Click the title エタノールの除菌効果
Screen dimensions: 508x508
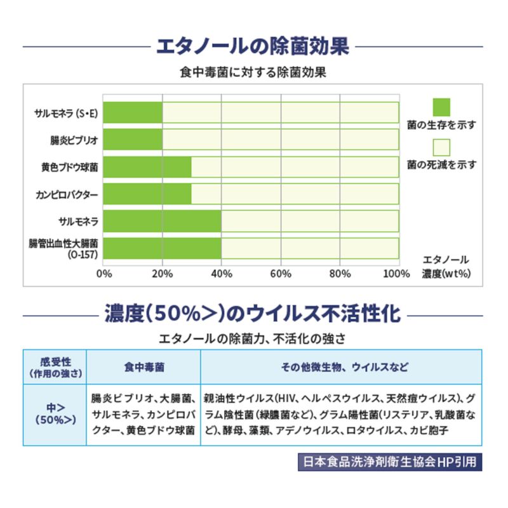click(253, 47)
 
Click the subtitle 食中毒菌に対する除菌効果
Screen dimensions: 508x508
click(253, 72)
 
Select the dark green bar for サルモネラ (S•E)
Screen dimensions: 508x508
click(133, 112)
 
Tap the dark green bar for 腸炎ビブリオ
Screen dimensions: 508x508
click(133, 140)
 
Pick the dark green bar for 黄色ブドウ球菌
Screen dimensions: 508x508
click(147, 167)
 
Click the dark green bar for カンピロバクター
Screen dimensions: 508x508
click(147, 194)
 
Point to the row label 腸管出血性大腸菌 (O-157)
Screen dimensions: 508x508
click(63, 248)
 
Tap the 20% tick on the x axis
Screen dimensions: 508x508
click(163, 274)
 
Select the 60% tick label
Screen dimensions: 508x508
click(281, 274)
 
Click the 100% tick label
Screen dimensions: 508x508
click(397, 274)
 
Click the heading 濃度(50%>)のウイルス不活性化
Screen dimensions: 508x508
click(253, 313)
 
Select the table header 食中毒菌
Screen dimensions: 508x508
click(144, 367)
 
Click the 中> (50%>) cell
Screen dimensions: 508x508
click(55, 414)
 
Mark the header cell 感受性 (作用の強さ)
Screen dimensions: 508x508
click(55, 367)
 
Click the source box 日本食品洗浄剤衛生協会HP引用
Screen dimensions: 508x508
click(389, 462)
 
